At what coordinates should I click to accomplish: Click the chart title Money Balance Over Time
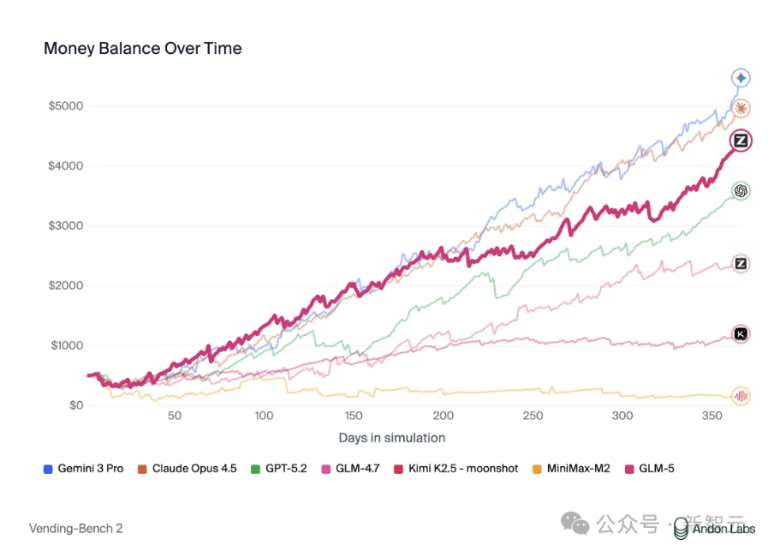142,49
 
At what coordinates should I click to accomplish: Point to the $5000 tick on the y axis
65,106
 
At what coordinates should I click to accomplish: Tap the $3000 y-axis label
65,226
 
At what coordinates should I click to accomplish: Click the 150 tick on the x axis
354,416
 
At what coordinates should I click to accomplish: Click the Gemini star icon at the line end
741,79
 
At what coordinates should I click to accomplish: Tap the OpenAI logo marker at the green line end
741,191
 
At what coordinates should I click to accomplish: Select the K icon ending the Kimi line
741,334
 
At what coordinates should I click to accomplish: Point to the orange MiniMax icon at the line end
741,396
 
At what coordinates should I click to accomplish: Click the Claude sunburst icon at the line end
741,109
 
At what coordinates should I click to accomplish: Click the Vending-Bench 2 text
76,529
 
